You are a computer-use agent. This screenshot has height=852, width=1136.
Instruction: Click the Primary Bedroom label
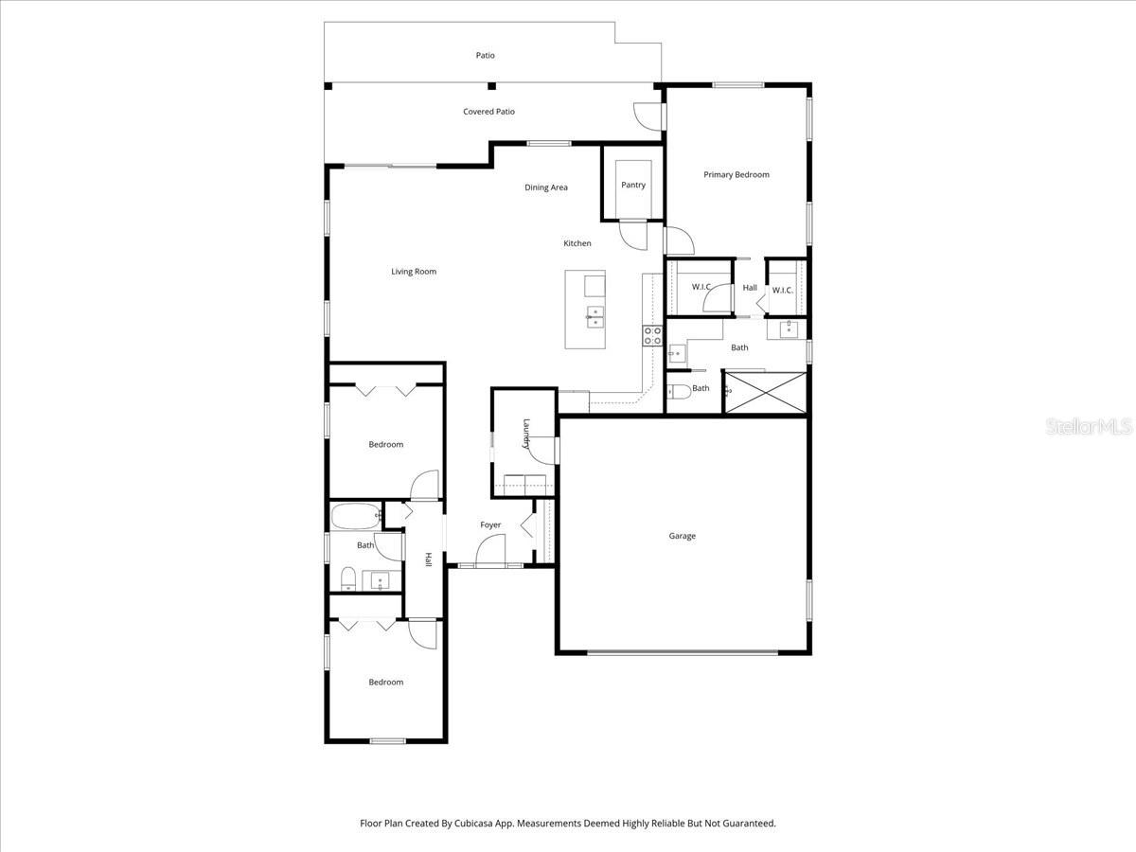pyautogui.click(x=736, y=174)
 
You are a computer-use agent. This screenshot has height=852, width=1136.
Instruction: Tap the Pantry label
pyautogui.click(x=633, y=185)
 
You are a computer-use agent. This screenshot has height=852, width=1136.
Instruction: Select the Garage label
pyautogui.click(x=682, y=536)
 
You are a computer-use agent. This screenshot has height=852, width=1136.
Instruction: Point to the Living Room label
pyautogui.click(x=414, y=272)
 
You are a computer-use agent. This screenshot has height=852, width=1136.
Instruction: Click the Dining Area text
pyautogui.click(x=546, y=187)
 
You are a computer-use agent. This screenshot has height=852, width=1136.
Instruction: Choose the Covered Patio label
pyautogui.click(x=488, y=112)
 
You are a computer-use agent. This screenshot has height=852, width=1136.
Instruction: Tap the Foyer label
pyautogui.click(x=490, y=524)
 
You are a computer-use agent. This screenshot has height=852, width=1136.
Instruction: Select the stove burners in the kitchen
pyautogui.click(x=652, y=335)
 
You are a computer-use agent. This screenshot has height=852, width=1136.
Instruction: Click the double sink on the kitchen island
pyautogui.click(x=595, y=316)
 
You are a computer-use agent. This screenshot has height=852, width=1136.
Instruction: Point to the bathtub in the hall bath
pyautogui.click(x=355, y=517)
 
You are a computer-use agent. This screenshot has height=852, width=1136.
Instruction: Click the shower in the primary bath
pyautogui.click(x=765, y=392)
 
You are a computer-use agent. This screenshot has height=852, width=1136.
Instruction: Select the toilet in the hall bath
pyautogui.click(x=347, y=578)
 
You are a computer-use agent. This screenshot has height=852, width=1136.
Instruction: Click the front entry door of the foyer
pyautogui.click(x=490, y=551)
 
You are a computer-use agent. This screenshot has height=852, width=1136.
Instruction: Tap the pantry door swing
pyautogui.click(x=631, y=233)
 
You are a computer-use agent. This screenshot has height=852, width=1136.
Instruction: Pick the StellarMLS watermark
pyautogui.click(x=1088, y=427)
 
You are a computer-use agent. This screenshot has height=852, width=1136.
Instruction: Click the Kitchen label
pyautogui.click(x=577, y=243)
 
